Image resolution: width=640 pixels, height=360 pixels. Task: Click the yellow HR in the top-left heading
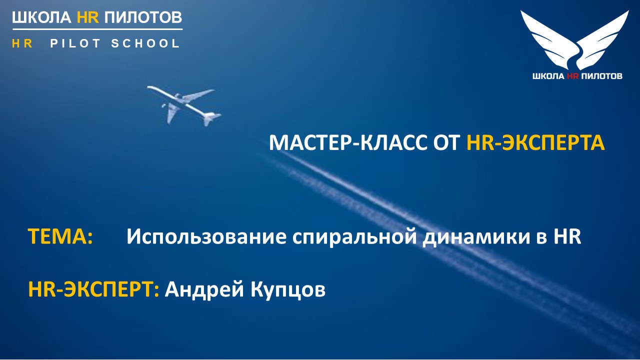pyautogui.click(x=88, y=17)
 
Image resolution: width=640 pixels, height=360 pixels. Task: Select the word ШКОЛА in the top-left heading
pyautogui.click(x=41, y=17)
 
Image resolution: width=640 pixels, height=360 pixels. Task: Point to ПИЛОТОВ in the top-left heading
pyautogui.click(x=143, y=17)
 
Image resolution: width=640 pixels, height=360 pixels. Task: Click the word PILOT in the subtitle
pyautogui.click(x=75, y=43)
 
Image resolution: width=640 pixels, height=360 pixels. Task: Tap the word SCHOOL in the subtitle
pyautogui.click(x=145, y=43)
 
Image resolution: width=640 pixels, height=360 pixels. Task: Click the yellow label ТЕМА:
pyautogui.click(x=60, y=236)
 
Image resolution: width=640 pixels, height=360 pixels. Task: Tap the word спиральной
pyautogui.click(x=354, y=237)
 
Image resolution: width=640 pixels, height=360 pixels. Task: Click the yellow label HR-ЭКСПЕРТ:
pyautogui.click(x=93, y=289)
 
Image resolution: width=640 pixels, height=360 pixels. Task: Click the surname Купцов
pyautogui.click(x=288, y=289)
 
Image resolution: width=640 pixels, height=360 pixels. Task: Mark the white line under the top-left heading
pyautogui.click(x=97, y=29)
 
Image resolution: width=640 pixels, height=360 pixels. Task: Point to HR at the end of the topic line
pyautogui.click(x=567, y=236)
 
